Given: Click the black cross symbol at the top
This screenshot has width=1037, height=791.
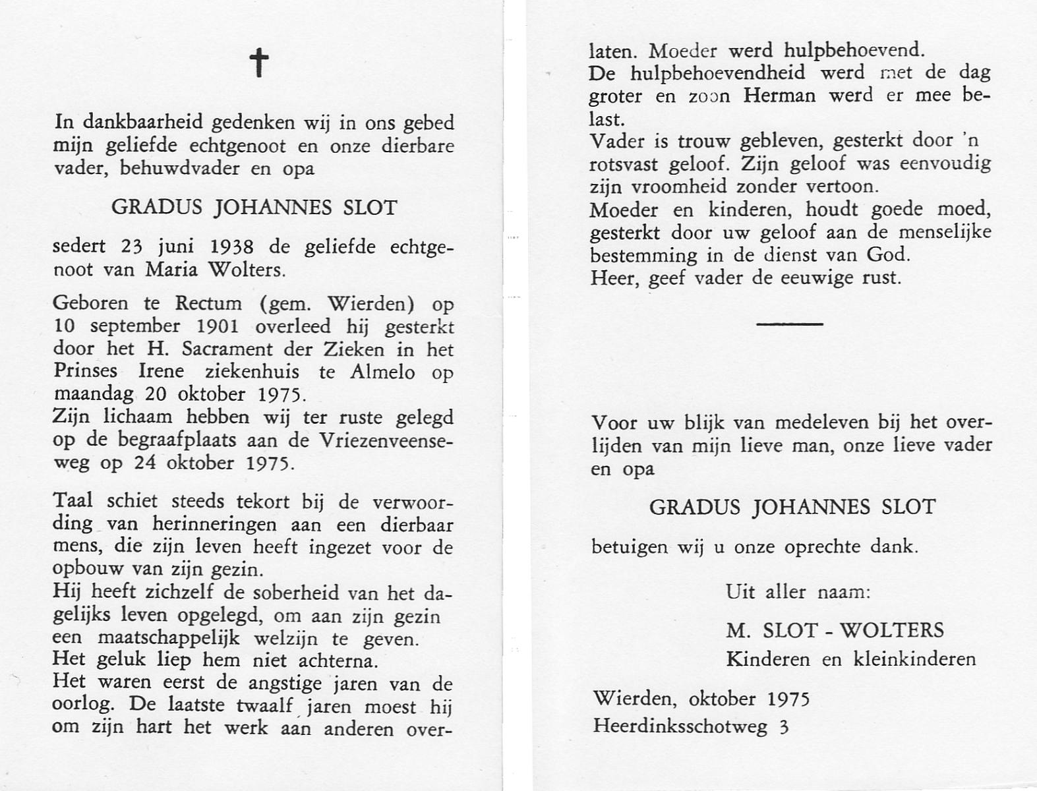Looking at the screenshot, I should coord(260,63).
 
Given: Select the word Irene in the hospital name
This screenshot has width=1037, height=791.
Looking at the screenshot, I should coord(160,372).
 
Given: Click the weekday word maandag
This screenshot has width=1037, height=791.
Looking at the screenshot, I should coord(93,395).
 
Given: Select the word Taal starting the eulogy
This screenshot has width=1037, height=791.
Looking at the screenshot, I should coord(73,501).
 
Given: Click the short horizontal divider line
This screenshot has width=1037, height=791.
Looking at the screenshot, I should coord(790,324).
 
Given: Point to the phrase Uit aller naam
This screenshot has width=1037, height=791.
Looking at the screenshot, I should coord(798,592).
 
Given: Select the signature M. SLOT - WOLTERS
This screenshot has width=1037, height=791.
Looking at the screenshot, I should coord(835,630).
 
